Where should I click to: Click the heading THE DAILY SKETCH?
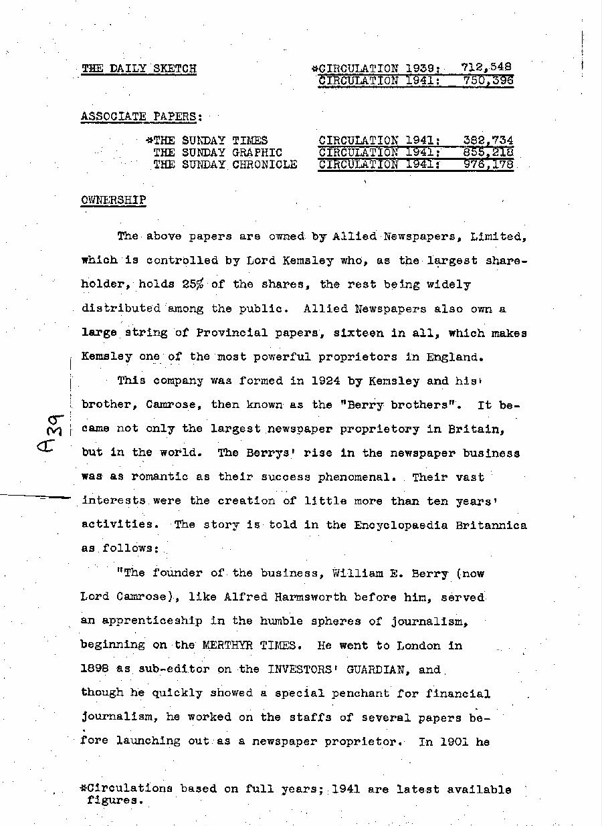(x=138, y=68)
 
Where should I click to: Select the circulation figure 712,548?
(x=487, y=67)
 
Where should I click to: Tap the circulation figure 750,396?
(x=488, y=80)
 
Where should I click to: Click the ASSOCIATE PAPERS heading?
(x=140, y=116)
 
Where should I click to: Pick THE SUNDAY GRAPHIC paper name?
(x=218, y=152)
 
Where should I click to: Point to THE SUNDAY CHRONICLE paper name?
(x=225, y=165)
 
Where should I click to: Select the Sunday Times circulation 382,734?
(x=488, y=140)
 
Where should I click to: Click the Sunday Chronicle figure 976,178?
(x=488, y=165)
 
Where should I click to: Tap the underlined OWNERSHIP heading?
(x=113, y=200)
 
